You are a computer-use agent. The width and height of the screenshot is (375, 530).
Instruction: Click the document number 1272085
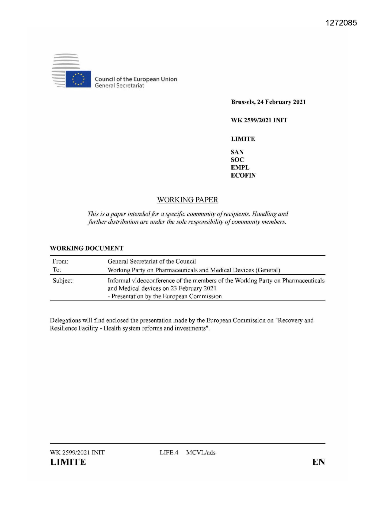341,23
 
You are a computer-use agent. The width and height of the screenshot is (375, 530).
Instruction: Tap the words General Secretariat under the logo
119,86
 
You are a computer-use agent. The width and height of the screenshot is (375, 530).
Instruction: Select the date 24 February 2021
281,102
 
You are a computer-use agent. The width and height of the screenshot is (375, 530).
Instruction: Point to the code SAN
237,152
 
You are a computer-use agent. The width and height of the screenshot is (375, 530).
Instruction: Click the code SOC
237,160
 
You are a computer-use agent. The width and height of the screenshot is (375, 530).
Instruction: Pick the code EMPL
240,168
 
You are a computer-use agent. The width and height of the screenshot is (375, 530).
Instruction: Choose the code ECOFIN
243,176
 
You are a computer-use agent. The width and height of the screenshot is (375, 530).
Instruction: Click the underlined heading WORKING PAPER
187,200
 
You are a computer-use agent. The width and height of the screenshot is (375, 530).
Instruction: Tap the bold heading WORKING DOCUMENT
87,248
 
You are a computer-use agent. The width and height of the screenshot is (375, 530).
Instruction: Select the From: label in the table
60,262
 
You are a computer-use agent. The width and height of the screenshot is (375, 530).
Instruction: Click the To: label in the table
57,270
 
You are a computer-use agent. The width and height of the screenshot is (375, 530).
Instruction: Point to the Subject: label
63,281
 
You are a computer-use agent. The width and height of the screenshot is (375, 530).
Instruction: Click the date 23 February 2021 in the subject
193,289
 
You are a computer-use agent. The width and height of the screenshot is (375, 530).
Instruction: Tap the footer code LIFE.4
169,453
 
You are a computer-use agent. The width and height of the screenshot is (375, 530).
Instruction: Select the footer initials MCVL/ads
201,453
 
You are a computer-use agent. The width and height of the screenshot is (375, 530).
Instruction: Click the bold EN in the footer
318,462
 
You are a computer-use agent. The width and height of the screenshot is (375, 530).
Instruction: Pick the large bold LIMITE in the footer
68,462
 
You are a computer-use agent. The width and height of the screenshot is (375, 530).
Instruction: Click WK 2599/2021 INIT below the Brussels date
259,120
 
